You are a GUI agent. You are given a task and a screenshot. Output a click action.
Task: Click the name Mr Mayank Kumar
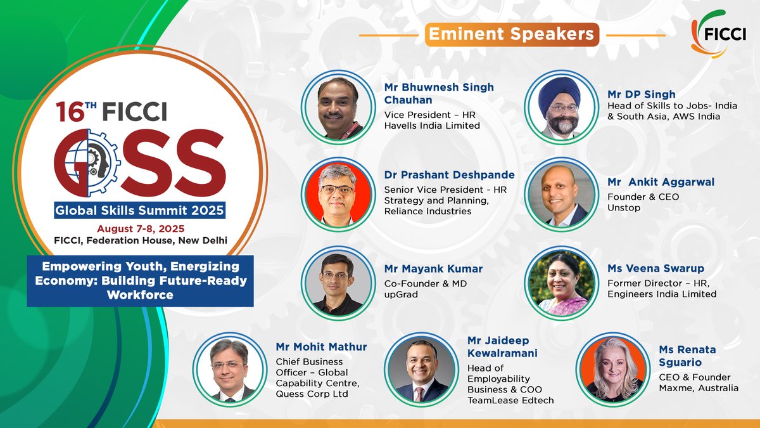[433, 269]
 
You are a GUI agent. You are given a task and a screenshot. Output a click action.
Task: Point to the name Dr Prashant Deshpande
[449, 175]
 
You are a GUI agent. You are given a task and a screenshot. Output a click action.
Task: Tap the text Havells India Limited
[432, 126]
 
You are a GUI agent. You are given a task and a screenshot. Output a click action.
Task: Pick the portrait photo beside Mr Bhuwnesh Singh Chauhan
[336, 105]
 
